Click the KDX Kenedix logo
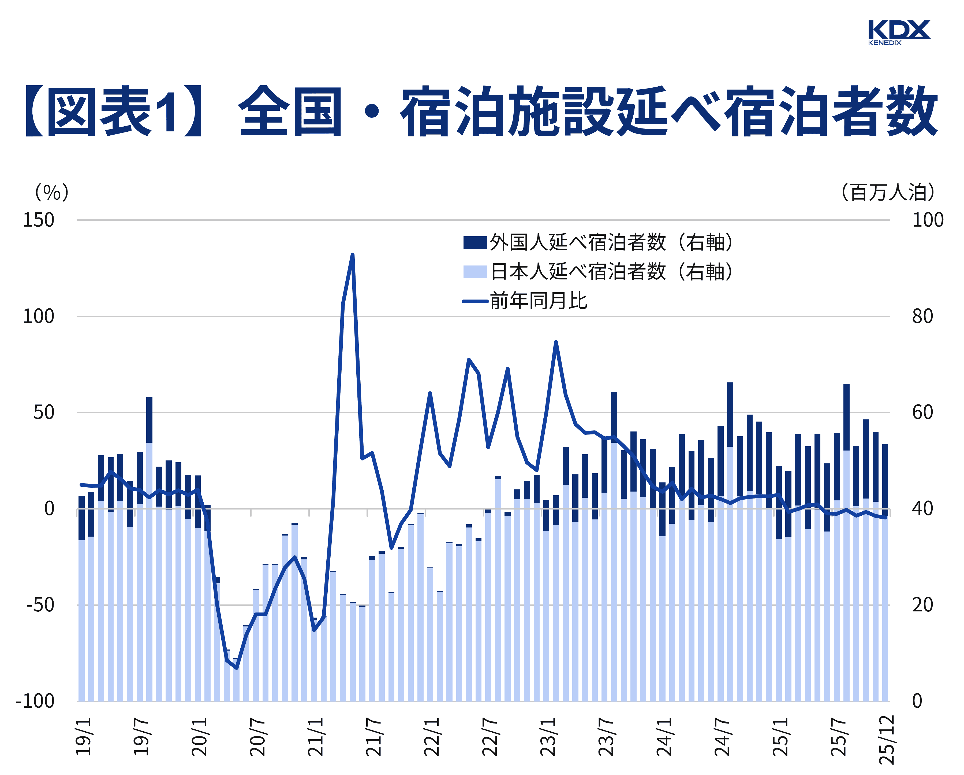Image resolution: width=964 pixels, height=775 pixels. pyautogui.click(x=898, y=32)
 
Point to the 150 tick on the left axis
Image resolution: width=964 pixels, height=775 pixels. pyautogui.click(x=39, y=220)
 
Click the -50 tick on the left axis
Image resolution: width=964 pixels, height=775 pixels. pyautogui.click(x=40, y=605)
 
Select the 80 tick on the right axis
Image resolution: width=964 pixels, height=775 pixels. pyautogui.click(x=922, y=316)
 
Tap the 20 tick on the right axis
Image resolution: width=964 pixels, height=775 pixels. pyautogui.click(x=922, y=605)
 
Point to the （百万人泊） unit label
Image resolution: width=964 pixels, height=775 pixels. pyautogui.click(x=888, y=192)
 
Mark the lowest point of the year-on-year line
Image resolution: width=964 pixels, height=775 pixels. pyautogui.click(x=237, y=668)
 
